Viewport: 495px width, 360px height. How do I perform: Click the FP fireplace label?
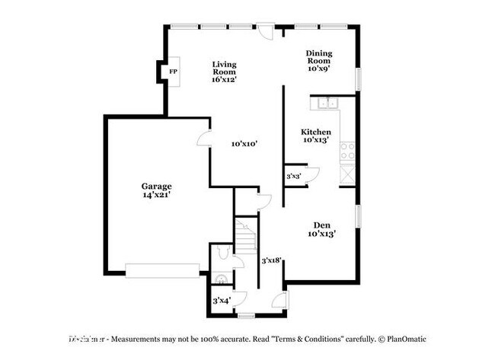pos(173,72)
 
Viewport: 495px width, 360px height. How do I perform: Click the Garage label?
pos(156,186)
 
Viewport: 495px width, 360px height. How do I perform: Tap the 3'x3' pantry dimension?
pos(293,177)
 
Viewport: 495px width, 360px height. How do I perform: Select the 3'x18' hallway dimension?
pos(272,260)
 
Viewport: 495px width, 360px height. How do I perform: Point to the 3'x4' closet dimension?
pos(222,301)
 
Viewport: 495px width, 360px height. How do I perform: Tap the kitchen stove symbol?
pos(348,151)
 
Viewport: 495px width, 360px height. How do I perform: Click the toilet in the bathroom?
pos(221,250)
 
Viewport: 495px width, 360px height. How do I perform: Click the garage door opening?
pos(162,271)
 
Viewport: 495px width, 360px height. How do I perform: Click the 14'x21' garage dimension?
pos(155,196)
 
